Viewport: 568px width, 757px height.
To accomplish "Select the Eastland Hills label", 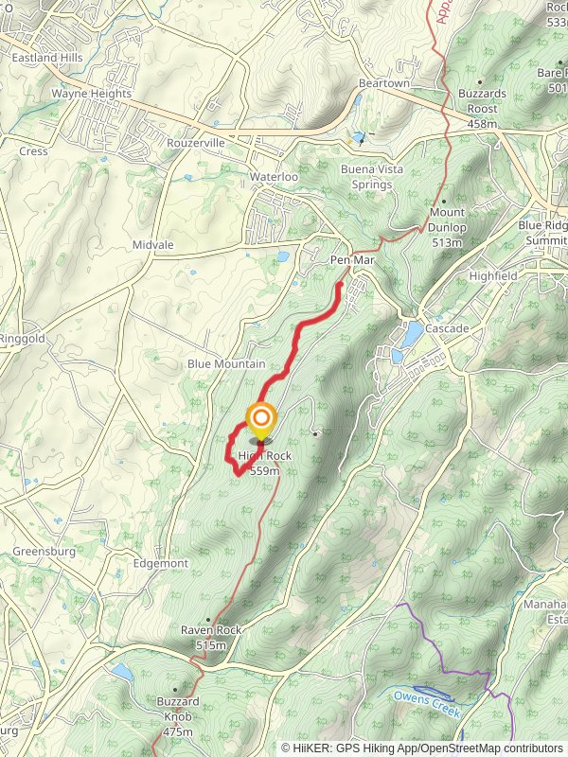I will (47, 58).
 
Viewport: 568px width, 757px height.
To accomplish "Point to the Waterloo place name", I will (274, 177).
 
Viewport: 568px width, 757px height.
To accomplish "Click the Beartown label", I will (383, 84).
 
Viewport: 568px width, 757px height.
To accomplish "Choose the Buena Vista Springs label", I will (365, 176).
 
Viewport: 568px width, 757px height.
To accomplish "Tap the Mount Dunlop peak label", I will (447, 227).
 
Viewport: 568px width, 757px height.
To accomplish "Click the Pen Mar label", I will (347, 259).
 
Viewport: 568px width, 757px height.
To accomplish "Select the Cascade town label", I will (446, 328).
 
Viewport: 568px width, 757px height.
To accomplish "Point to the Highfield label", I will (492, 275).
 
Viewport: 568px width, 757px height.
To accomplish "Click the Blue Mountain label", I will (226, 363).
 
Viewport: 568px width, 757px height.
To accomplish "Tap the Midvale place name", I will (152, 244).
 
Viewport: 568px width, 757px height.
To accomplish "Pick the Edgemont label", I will (160, 563).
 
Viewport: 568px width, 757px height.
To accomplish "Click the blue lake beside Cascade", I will (413, 333).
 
